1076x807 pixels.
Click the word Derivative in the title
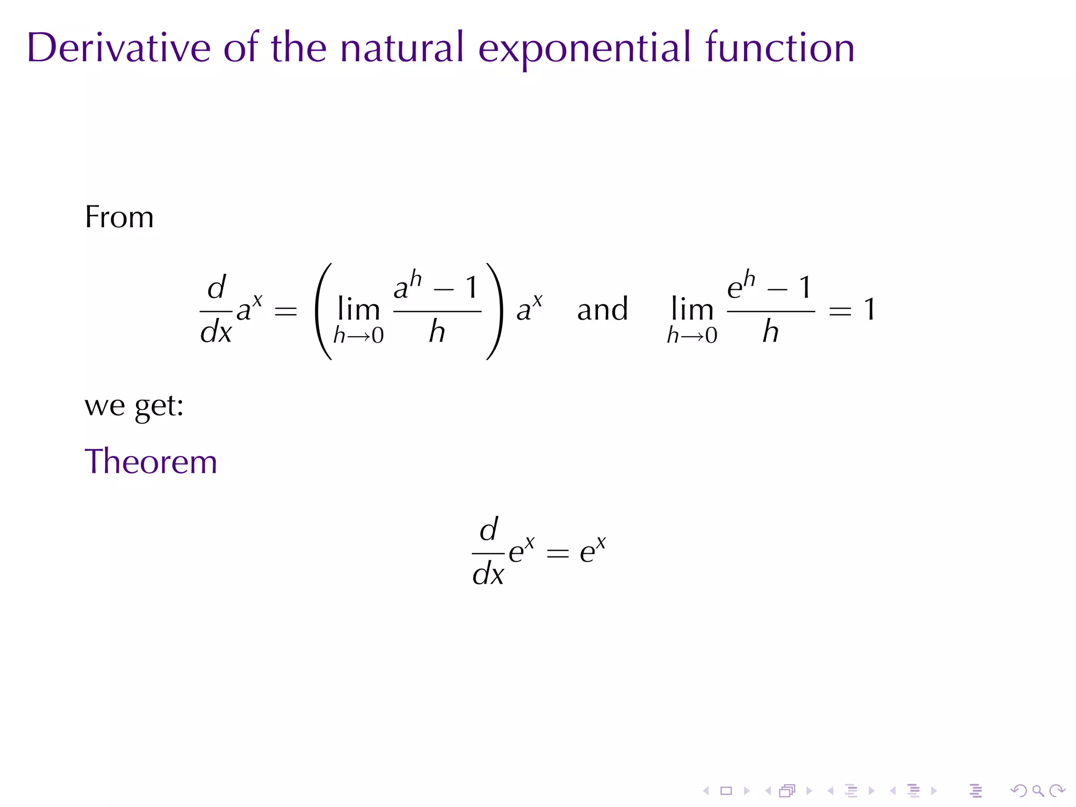tap(119, 48)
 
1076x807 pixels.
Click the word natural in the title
tap(402, 48)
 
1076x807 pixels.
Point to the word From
tap(119, 217)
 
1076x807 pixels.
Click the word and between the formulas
tap(602, 309)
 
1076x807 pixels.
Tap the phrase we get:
tap(134, 406)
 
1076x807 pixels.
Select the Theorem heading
tap(151, 462)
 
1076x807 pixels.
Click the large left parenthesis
tap(324, 311)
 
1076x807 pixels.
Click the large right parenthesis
tap(494, 311)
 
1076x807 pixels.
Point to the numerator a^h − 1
tap(436, 286)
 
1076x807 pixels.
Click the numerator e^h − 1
tap(769, 286)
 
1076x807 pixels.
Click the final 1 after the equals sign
tap(870, 309)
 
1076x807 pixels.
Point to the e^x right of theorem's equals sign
tap(593, 550)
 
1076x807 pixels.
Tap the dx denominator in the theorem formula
tap(488, 574)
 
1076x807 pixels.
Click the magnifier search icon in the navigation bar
tap(1038, 791)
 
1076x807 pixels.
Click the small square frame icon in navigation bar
tap(726, 791)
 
